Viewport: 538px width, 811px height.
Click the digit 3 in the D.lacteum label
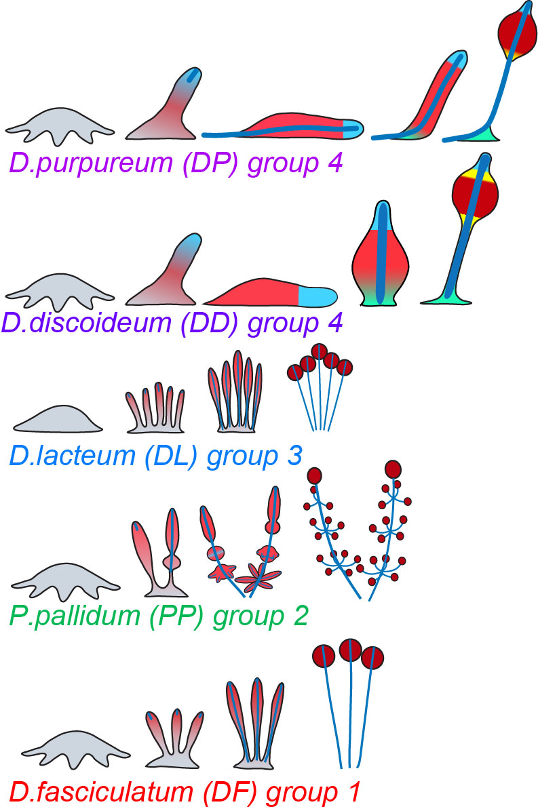[293, 455]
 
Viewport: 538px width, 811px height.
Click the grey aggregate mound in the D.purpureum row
[60, 125]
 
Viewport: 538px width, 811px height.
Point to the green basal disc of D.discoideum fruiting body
[448, 296]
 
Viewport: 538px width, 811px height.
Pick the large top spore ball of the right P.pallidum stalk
[392, 469]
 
